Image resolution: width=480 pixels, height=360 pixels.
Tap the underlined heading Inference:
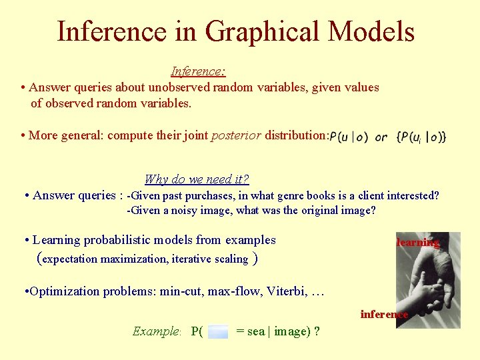[x=198, y=71]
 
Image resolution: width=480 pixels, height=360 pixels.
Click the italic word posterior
[x=236, y=135]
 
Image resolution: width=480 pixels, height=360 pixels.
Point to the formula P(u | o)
[x=349, y=137]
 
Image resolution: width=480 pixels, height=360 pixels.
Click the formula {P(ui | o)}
[x=421, y=137]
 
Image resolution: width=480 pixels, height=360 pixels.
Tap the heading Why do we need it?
[x=197, y=179]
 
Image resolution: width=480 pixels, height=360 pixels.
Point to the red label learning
[x=418, y=243]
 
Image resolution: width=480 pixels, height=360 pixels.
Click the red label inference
[x=384, y=314]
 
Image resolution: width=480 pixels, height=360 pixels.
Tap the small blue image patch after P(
[x=218, y=331]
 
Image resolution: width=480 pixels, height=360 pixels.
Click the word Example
[x=156, y=331]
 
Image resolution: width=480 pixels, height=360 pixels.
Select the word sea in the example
[x=255, y=331]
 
